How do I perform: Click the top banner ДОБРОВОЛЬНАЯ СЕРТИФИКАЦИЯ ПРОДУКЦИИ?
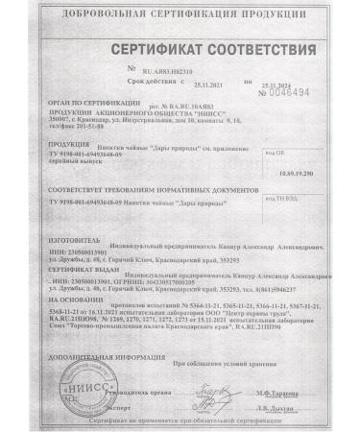[x=180, y=12]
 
